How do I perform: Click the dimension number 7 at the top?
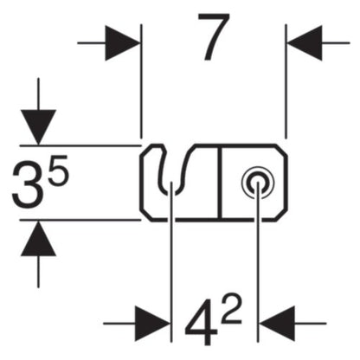214,37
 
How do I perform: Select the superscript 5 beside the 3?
59,170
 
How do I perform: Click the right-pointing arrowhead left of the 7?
122,43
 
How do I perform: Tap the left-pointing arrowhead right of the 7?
305,43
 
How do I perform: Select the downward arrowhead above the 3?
38,127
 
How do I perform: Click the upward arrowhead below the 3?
38,238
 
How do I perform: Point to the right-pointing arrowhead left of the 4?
152,324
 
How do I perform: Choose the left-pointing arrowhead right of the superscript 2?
278,324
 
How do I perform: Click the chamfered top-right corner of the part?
280,151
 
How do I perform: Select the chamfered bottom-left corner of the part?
146,215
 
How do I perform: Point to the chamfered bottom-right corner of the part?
280,215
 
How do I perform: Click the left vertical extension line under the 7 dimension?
141,81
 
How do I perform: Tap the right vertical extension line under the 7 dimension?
286,81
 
